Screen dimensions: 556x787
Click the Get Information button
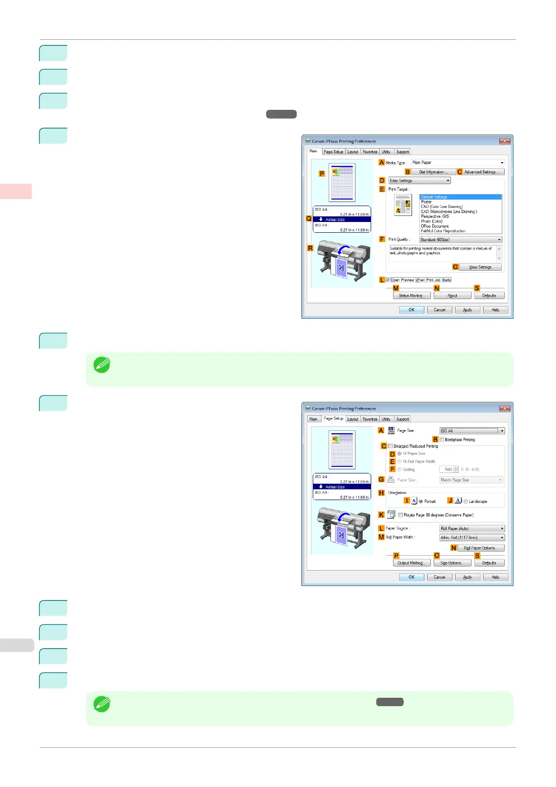[433, 172]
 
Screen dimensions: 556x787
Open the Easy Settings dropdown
[420, 181]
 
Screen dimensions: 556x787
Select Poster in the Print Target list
[427, 202]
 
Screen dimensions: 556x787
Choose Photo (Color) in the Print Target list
[432, 221]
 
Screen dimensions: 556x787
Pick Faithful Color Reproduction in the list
[443, 231]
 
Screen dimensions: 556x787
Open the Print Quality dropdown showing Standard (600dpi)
[460, 240]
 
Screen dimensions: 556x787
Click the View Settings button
[480, 267]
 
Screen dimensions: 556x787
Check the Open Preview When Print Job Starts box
[388, 280]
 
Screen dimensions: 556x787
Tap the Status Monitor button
[411, 296]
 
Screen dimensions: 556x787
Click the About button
[452, 296]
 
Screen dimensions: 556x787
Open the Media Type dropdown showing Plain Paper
[457, 163]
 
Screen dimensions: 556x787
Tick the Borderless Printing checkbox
[442, 440]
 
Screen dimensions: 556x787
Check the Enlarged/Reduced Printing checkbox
[390, 446]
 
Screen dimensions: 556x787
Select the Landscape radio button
[465, 501]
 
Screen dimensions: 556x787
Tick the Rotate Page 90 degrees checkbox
[401, 515]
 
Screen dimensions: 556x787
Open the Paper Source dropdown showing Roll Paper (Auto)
[472, 529]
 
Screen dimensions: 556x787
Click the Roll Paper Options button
[481, 548]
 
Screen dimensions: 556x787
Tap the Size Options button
[452, 563]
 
